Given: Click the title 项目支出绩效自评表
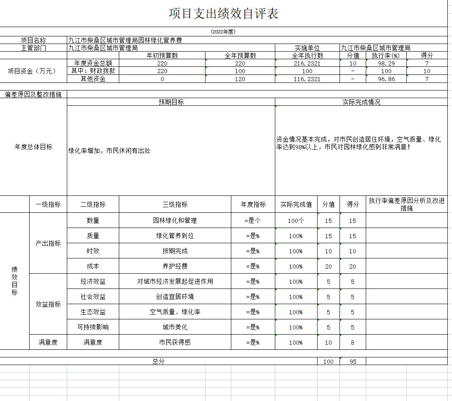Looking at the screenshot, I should [223, 14].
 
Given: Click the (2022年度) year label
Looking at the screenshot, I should [223, 32].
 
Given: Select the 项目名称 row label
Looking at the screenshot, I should [33, 40].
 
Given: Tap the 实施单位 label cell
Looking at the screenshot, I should [307, 48].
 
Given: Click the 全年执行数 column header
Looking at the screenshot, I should [307, 55].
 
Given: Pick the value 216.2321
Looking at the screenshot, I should [307, 63].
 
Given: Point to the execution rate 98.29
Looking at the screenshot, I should [386, 63].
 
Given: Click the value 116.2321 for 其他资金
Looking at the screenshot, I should [307, 79].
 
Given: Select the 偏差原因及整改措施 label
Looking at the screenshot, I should [33, 94].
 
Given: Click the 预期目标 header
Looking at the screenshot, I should [171, 102].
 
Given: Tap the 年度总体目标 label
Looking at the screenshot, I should [33, 147].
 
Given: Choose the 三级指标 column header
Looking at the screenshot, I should [175, 204].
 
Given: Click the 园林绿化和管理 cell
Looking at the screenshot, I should [175, 220].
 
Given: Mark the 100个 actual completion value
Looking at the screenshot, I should [296, 220].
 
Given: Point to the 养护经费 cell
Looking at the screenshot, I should [175, 266].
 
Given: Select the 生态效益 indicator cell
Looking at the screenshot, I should [93, 312].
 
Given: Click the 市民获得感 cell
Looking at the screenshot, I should [175, 342].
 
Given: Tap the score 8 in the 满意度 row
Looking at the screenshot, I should [353, 343].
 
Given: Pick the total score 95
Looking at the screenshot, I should [353, 362].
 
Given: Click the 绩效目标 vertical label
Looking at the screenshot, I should [14, 281].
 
